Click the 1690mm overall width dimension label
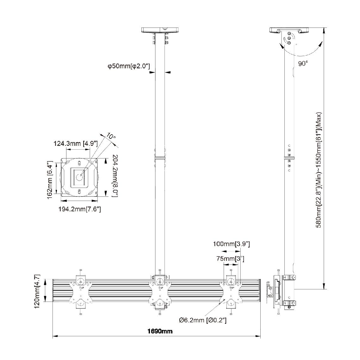click(160, 331)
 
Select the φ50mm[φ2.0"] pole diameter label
click(128, 66)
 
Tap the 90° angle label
click(303, 64)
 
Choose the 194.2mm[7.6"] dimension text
click(80, 209)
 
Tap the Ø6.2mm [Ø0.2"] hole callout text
click(202, 320)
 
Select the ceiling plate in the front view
click(160, 30)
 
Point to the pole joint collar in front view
click(160, 157)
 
